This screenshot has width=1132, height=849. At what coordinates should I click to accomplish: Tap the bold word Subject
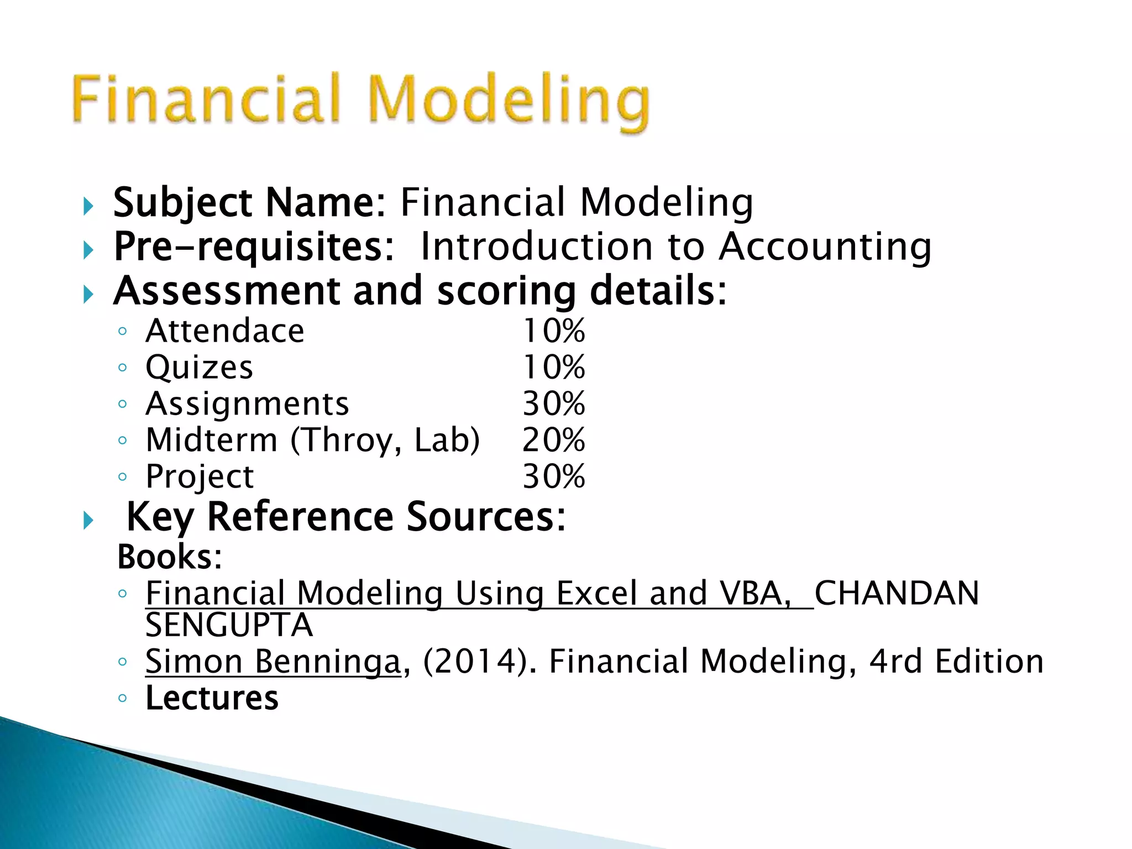click(x=183, y=203)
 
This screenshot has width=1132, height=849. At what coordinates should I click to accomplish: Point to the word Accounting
click(x=825, y=247)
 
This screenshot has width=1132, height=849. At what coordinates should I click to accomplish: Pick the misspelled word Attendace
click(x=225, y=331)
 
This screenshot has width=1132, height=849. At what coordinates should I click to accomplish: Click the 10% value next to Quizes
click(x=553, y=368)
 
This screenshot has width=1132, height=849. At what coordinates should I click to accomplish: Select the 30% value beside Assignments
click(x=553, y=404)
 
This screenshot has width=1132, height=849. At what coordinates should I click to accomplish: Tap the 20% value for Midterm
click(x=553, y=441)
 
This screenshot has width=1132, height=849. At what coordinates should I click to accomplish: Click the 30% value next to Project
click(x=553, y=476)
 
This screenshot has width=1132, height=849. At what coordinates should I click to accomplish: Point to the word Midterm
click(x=212, y=441)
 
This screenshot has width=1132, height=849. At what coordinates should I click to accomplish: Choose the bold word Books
click(x=169, y=557)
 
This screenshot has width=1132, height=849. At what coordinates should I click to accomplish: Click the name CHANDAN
click(x=897, y=594)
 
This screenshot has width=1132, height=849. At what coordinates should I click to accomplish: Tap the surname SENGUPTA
click(x=229, y=626)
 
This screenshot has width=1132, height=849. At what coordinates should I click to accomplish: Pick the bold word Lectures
click(x=212, y=698)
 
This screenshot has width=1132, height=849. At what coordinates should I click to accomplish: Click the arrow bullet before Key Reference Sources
click(x=88, y=520)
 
